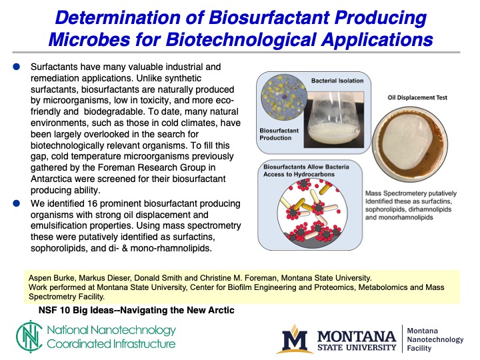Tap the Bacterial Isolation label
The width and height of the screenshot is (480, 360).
(337, 81)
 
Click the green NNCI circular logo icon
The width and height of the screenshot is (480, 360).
(28, 337)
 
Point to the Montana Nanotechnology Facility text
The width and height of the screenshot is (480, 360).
(434, 339)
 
